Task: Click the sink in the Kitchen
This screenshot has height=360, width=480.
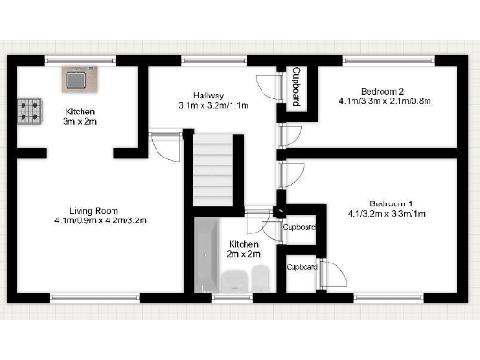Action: click(78, 79)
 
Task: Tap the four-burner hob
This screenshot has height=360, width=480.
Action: click(29, 112)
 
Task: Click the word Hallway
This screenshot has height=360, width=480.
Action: click(208, 95)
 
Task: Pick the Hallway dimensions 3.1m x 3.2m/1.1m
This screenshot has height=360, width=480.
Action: click(213, 105)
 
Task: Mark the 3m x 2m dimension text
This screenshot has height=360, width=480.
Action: click(80, 121)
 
